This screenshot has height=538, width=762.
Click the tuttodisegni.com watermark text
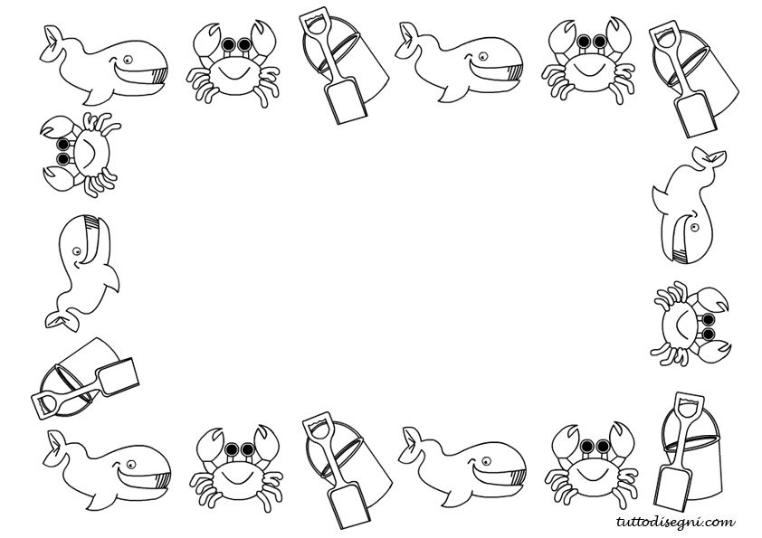675,523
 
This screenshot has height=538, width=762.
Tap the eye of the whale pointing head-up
77,251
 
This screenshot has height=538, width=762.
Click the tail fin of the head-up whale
62,321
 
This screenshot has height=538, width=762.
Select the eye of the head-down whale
694,227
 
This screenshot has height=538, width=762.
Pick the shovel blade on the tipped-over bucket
118,377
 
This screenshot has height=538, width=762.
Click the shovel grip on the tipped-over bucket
44,404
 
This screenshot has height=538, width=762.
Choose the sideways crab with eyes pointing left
81,155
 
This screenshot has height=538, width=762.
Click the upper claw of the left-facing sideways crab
56,127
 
